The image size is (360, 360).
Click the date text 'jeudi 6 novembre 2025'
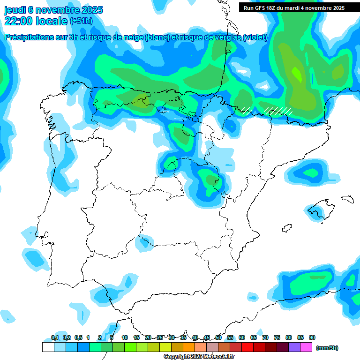point(53,10)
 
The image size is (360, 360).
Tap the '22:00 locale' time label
point(36,21)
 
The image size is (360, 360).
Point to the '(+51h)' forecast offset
point(82,21)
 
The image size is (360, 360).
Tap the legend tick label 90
point(312,337)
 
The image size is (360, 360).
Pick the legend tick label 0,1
point(55,337)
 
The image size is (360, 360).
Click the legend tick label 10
point(125,337)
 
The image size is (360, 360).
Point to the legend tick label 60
point(242,337)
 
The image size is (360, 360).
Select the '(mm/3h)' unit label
point(327,348)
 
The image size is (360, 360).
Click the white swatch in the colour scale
point(48,347)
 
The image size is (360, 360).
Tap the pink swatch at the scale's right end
point(306,347)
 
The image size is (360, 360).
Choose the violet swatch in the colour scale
point(294,347)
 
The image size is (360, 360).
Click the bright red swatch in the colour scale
point(247,347)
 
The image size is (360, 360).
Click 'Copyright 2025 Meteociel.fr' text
point(199,357)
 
